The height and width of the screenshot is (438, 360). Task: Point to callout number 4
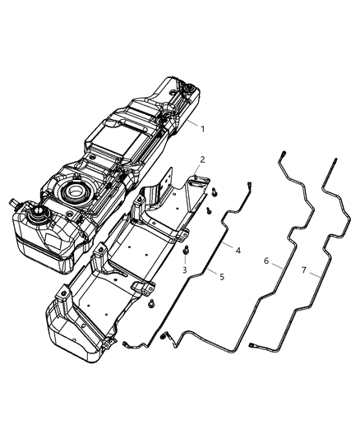tap(238, 250)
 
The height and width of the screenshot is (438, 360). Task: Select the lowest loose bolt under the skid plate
tap(153, 303)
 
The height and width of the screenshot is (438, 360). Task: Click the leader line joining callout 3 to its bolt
tap(187, 260)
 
